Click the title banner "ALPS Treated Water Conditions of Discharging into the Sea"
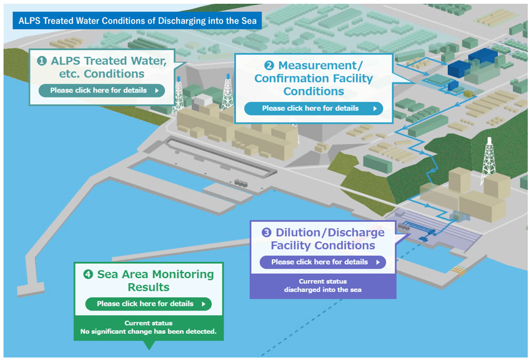click(x=137, y=20)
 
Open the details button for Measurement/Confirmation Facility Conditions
click(x=313, y=108)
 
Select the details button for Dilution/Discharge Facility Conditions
click(x=322, y=262)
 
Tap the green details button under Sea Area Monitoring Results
click(x=148, y=304)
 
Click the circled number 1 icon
click(x=42, y=61)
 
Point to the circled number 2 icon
click(x=269, y=66)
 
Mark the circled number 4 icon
click(x=88, y=274)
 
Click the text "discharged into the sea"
click(x=322, y=290)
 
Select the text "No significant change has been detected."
click(x=148, y=331)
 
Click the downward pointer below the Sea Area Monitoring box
click(x=148, y=344)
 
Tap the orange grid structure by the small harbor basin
click(x=459, y=269)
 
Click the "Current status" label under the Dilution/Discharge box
click(x=322, y=281)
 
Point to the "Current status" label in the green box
click(x=148, y=323)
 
